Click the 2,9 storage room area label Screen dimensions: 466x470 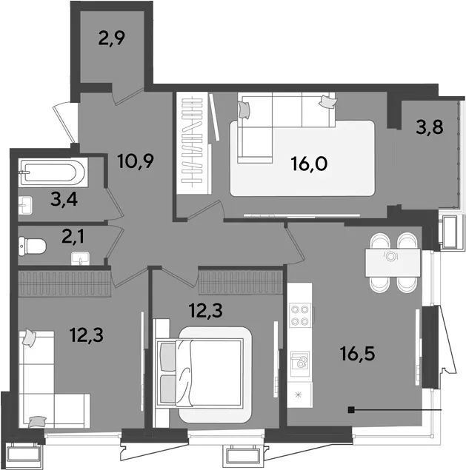pos(111,38)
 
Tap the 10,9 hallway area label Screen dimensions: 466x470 pos(136,161)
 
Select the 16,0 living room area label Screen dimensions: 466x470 pos(309,164)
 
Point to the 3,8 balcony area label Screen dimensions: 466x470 pos(430,127)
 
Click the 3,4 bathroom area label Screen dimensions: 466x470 pos(64,199)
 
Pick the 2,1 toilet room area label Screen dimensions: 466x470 pos(73,237)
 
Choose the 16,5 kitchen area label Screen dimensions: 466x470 pos(357,354)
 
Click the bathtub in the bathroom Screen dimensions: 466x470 pos(53,172)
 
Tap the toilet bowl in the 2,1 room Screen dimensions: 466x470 pos(32,246)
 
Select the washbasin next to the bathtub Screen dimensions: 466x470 pos(25,205)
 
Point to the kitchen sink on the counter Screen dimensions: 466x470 pos(299,360)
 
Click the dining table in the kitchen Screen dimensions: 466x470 pos(393,263)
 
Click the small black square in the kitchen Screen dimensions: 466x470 pos(351,409)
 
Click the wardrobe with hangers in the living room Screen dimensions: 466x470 pos(193,144)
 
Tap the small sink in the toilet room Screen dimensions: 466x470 pos(81,258)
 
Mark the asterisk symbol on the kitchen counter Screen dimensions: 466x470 pos(298,395)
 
